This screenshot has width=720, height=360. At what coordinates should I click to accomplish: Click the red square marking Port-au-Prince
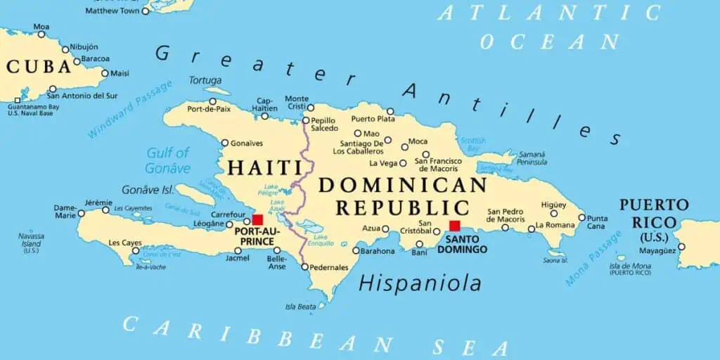point(257,220)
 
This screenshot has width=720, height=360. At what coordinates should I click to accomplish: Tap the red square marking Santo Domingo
point(455,226)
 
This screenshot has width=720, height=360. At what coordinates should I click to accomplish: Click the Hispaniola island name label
point(420,283)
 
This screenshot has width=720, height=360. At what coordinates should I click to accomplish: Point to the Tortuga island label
point(205,80)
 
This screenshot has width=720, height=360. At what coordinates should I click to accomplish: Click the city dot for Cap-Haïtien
point(264,116)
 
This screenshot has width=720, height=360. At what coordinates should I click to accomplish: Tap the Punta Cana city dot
point(581,217)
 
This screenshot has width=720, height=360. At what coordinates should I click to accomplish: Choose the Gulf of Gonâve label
point(168,160)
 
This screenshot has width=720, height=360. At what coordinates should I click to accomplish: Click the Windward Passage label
point(130,109)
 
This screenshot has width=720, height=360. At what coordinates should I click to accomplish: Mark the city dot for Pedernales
point(304,266)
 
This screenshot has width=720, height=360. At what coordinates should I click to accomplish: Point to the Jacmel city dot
point(237,250)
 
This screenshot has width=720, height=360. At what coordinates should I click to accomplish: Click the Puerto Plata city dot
point(390,111)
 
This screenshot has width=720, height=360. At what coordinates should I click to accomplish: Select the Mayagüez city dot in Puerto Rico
point(681,247)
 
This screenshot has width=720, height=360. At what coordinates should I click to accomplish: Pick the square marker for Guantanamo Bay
point(17,101)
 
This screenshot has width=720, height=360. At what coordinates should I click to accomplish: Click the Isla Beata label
point(300,307)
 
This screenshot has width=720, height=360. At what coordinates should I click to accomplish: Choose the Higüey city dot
point(553,213)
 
